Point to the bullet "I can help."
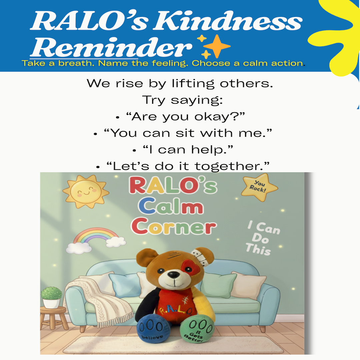point(187,149)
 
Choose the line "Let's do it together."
point(187,166)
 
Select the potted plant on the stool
point(52,297)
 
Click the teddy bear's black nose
point(173,274)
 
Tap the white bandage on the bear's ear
point(200,255)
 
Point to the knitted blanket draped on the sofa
point(100,300)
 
